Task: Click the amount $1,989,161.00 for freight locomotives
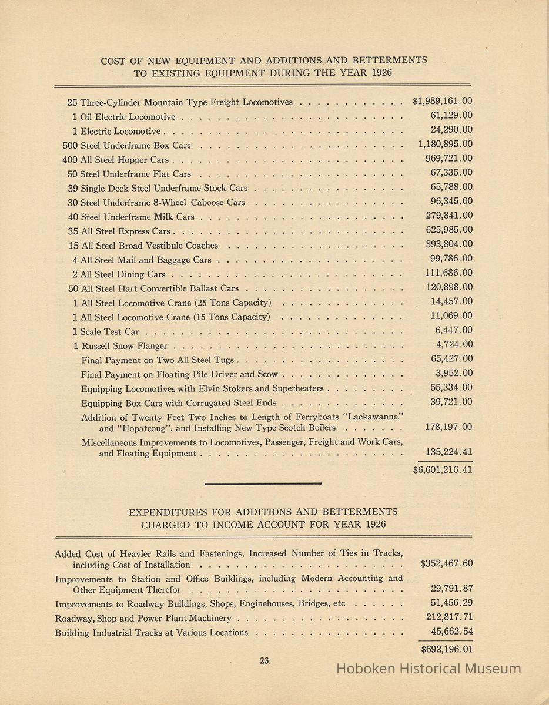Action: [x=442, y=101]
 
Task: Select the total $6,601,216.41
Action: [x=442, y=469]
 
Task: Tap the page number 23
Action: [x=264, y=660]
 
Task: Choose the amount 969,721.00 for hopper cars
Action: [x=448, y=159]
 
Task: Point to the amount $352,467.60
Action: [x=447, y=564]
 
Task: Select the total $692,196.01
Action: [x=447, y=650]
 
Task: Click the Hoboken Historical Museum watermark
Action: [x=428, y=668]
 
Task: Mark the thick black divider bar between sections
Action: [x=263, y=484]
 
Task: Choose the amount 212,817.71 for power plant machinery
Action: [x=449, y=617]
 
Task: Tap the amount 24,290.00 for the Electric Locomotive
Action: [x=451, y=130]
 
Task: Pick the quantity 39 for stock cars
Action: [x=73, y=188]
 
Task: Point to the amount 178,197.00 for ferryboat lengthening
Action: [x=448, y=427]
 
